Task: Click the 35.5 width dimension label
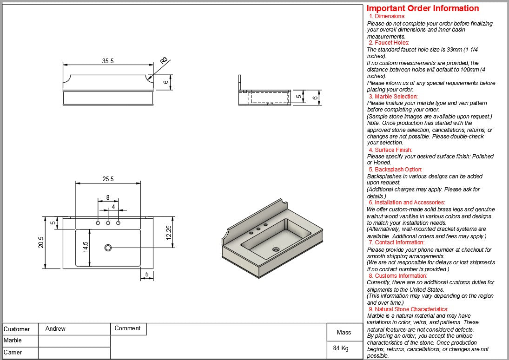[108, 61]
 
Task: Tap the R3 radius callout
[164, 61]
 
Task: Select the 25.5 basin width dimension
[108, 179]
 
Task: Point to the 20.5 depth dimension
[41, 242]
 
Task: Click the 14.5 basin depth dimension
[86, 247]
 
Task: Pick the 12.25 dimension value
[169, 231]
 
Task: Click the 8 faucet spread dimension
[108, 197]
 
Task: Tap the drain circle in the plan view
[108, 248]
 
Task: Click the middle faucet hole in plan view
[108, 223]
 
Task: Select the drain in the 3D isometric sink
[276, 249]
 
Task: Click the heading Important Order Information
[423, 8]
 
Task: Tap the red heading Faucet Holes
[389, 43]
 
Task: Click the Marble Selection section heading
[393, 97]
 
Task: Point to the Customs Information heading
[397, 276]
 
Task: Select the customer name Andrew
[55, 328]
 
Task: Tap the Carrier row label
[13, 352]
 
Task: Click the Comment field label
[127, 328]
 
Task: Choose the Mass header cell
[344, 332]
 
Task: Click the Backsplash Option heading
[396, 170]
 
